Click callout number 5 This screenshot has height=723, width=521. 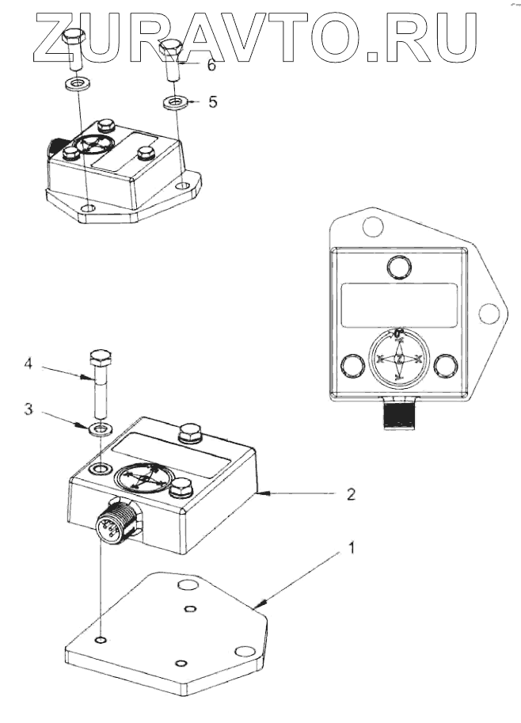tap(211, 102)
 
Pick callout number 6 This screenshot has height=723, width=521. tap(211, 65)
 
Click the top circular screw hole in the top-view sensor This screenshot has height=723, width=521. tap(399, 266)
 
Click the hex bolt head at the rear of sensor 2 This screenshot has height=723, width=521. tap(191, 433)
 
